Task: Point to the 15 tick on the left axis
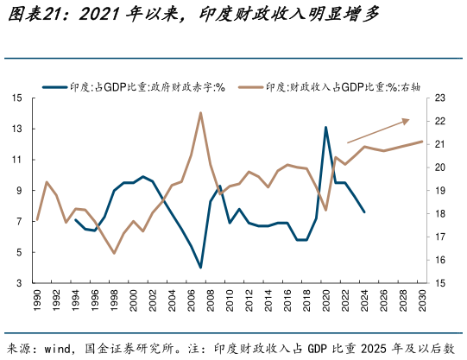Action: [x=17, y=98]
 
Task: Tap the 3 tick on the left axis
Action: [x=20, y=283]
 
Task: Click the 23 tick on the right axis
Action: [x=439, y=98]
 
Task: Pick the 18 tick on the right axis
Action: [x=439, y=213]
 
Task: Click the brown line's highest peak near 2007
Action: [x=200, y=112]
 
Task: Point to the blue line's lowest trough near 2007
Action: [x=200, y=268]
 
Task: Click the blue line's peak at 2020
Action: [x=325, y=128]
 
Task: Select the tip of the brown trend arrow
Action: [x=409, y=120]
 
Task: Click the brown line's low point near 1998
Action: [x=114, y=253]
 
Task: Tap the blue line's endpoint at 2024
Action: [x=364, y=212]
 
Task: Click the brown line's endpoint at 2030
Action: [x=423, y=142]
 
